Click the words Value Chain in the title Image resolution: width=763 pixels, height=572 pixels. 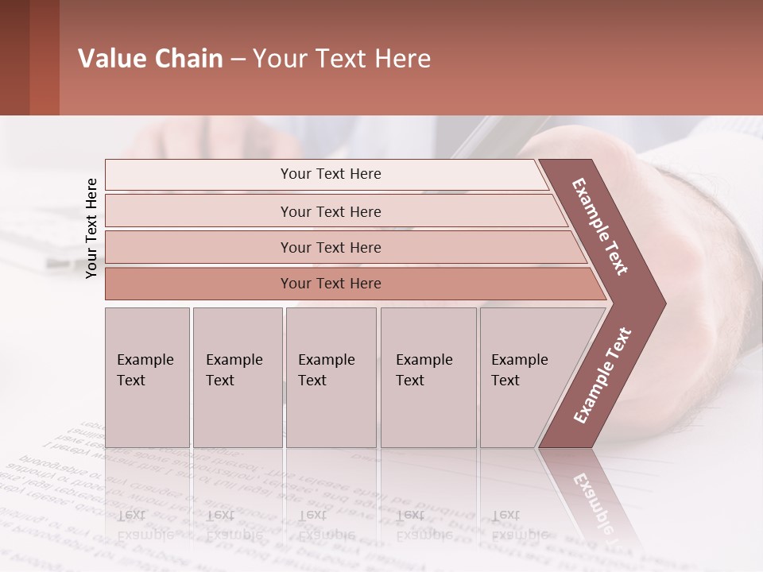(150, 59)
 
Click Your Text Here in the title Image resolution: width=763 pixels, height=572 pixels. (342, 59)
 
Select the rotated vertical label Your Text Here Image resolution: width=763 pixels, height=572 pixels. (91, 228)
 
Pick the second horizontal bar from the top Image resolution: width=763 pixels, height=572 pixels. (330, 211)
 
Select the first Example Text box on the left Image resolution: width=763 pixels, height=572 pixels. (147, 377)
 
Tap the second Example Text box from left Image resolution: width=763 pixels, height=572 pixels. (237, 377)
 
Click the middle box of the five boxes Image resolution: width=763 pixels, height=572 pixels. (331, 377)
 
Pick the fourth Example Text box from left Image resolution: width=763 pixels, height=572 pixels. (428, 377)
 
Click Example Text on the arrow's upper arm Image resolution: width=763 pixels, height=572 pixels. (600, 226)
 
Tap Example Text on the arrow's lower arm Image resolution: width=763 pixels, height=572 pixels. (602, 376)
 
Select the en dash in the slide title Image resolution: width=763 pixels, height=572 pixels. (238, 60)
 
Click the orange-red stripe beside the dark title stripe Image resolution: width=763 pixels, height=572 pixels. (45, 57)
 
